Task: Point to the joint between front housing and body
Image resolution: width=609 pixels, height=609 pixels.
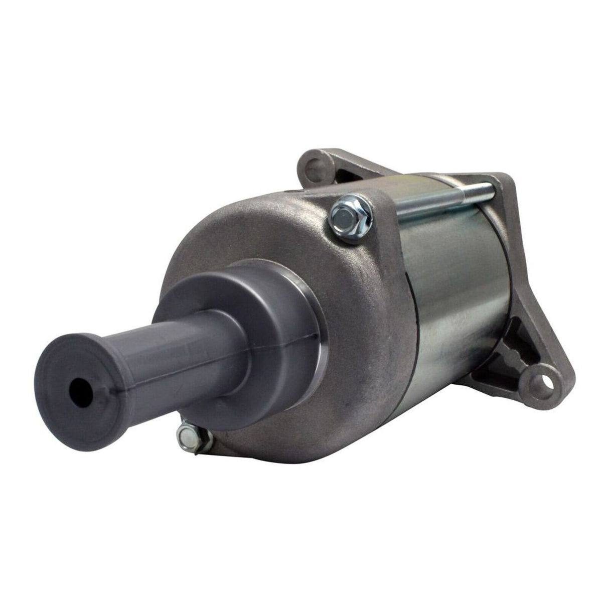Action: pyautogui.click(x=419, y=311)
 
